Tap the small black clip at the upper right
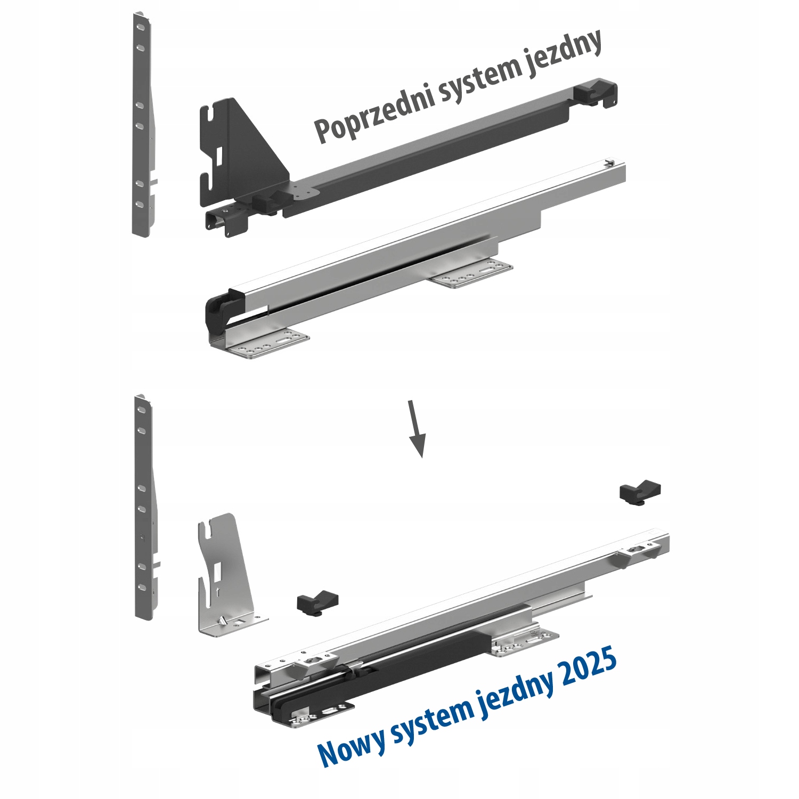pos(640,492)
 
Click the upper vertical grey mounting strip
pos(143,125)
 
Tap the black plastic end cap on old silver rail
pos(218,314)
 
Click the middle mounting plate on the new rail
pos(525,641)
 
